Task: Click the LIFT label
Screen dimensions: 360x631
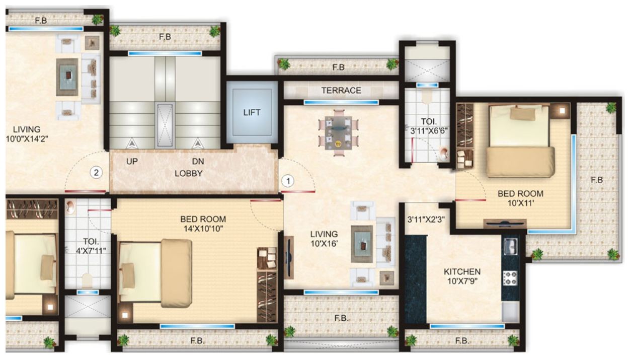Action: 252,112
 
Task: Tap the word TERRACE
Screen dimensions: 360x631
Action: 341,91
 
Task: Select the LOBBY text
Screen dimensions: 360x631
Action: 188,173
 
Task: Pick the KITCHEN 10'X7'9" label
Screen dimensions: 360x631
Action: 461,276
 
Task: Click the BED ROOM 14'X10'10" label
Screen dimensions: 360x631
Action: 203,224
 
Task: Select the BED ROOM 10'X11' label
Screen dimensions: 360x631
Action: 520,198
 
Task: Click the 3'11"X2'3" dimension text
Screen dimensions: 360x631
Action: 426,219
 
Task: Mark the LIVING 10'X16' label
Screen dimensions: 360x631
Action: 324,239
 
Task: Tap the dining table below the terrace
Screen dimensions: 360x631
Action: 338,131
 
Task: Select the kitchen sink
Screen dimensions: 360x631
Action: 510,247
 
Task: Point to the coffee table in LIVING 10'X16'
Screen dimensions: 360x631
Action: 362,244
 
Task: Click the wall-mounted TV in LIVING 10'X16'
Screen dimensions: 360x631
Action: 289,257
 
